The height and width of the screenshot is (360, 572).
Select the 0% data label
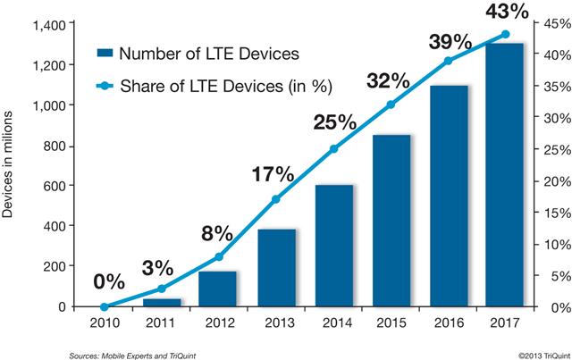coord(109,283)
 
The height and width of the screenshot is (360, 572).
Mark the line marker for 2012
coord(220,257)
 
